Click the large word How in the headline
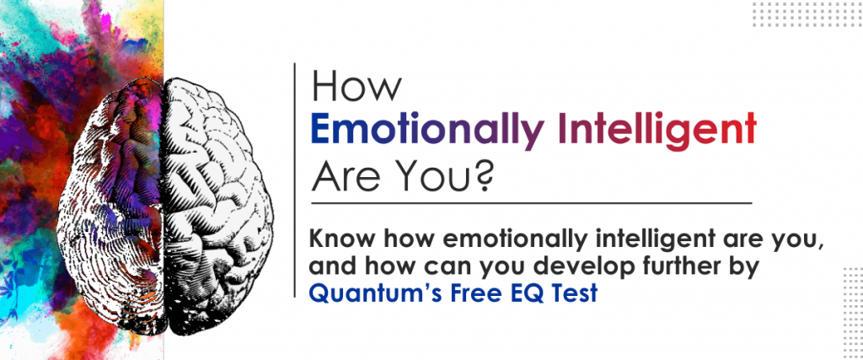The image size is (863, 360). (x=357, y=88)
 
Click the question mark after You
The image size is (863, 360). (x=480, y=177)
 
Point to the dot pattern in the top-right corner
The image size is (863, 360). (x=807, y=13)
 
